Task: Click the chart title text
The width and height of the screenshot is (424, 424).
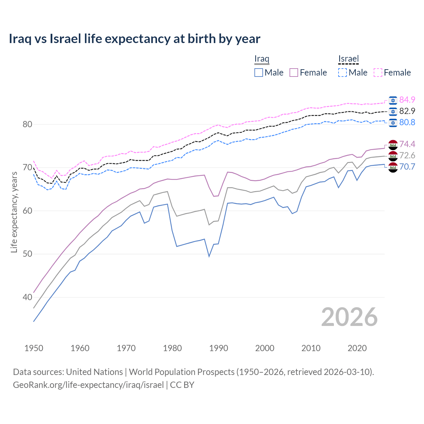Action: click(x=134, y=39)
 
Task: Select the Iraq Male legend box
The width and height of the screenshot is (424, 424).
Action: click(x=259, y=73)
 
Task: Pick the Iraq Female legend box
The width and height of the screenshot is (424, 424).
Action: click(x=294, y=73)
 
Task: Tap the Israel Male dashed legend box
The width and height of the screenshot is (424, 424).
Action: click(x=343, y=73)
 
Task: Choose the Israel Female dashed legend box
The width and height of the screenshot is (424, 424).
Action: click(x=378, y=73)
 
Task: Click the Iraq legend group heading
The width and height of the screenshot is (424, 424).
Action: click(x=262, y=59)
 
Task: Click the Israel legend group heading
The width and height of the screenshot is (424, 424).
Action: click(x=348, y=59)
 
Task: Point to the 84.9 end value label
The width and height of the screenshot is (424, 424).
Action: click(x=407, y=100)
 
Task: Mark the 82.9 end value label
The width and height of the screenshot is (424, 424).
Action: click(x=407, y=111)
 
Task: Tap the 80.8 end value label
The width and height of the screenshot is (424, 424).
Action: click(x=407, y=122)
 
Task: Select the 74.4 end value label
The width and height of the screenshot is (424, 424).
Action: click(x=407, y=144)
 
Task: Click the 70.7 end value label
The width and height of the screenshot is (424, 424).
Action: click(x=407, y=167)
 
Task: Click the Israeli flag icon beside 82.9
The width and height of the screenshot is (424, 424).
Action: click(x=393, y=111)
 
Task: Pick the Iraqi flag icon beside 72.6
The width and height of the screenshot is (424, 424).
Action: click(x=393, y=156)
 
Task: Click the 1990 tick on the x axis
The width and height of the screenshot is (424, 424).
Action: click(x=219, y=348)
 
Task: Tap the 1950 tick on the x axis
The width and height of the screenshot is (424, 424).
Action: click(x=34, y=348)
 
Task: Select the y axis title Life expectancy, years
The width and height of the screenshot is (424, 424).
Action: click(x=14, y=212)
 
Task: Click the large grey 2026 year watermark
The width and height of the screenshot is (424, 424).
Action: click(x=349, y=317)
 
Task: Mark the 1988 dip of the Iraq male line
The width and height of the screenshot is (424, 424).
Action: click(x=209, y=256)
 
